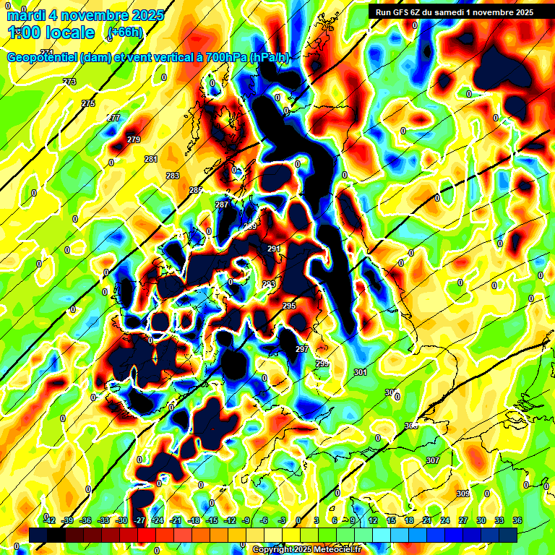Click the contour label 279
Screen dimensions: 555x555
pyautogui.click(x=134, y=139)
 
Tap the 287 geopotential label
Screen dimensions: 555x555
pyautogui.click(x=222, y=205)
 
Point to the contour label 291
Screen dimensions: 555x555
pyautogui.click(x=274, y=249)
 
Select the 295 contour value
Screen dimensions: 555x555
pyautogui.click(x=289, y=306)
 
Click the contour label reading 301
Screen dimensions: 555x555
pyautogui.click(x=361, y=372)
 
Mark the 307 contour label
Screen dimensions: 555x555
pyautogui.click(x=433, y=460)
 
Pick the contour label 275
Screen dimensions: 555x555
pyautogui.click(x=88, y=104)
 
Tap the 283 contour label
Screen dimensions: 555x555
pyautogui.click(x=173, y=176)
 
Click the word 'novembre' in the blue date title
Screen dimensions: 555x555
pyautogui.click(x=90, y=14)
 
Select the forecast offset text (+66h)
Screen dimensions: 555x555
pyautogui.click(x=124, y=33)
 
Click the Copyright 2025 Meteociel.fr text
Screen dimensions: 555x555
pyautogui.click(x=307, y=549)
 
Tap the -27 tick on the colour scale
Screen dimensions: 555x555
pyautogui.click(x=139, y=521)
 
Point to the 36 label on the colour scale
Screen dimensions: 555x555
pyautogui.click(x=517, y=521)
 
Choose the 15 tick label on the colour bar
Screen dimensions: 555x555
pyautogui.click(x=391, y=521)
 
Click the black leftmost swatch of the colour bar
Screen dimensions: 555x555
pyautogui.click(x=38, y=534)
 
